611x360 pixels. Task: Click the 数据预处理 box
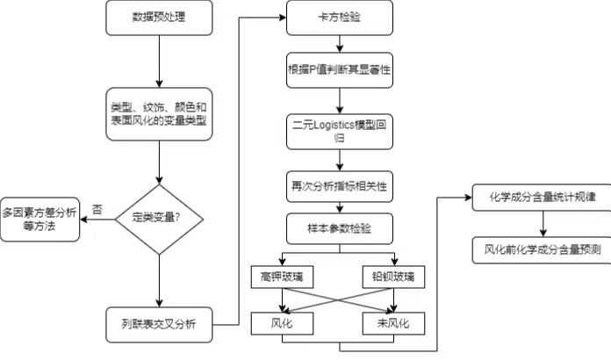click(158, 17)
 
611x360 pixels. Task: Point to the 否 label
click(97, 209)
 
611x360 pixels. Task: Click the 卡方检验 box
click(339, 17)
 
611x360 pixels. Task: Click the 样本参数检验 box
click(339, 228)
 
